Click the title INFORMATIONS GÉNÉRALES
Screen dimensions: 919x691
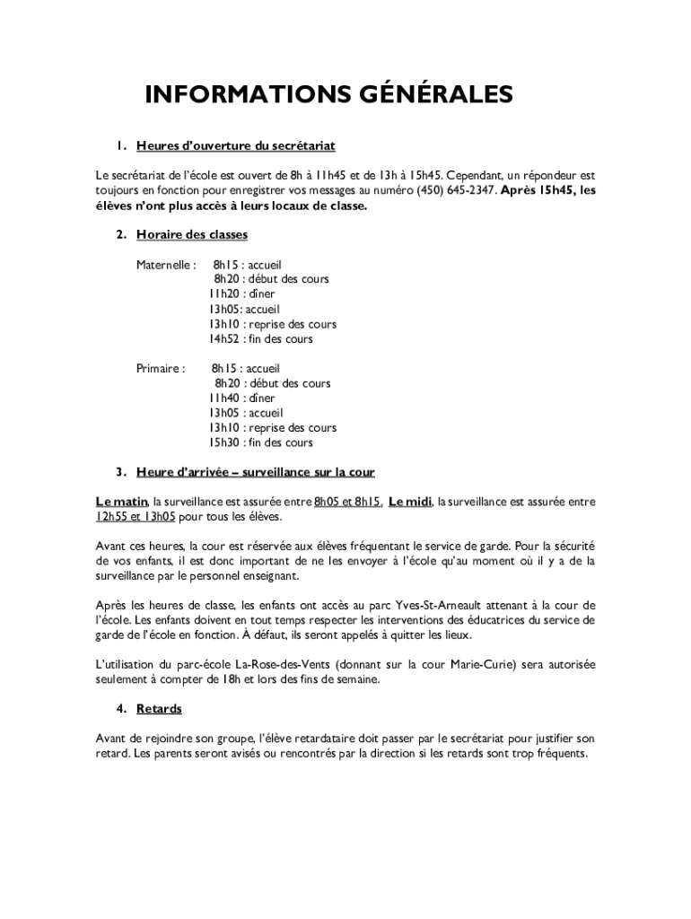[328, 95]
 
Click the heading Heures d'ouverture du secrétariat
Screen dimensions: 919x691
[236, 145]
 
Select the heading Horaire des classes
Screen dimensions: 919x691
[192, 235]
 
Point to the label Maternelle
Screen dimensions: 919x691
[165, 265]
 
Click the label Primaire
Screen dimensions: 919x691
[161, 368]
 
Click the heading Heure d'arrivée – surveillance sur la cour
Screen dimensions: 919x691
[255, 472]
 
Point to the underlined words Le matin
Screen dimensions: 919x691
[121, 502]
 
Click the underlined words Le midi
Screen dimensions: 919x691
[409, 502]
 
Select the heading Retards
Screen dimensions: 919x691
[159, 709]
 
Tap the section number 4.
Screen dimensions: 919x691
[119, 709]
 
